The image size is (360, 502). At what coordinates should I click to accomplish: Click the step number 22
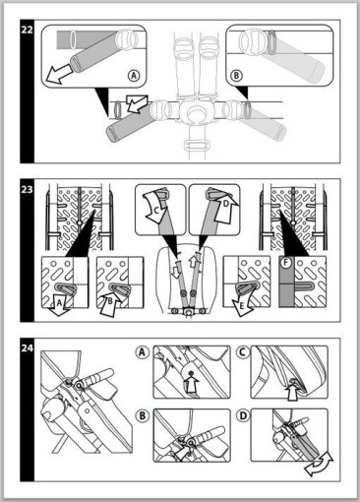(27, 30)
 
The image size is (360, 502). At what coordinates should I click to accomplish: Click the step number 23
(27, 189)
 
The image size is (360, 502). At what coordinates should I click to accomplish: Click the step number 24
(27, 347)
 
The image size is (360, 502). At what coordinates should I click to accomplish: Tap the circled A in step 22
(134, 76)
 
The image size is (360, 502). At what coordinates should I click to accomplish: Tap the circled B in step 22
(236, 76)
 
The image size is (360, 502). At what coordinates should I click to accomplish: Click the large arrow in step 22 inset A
(59, 74)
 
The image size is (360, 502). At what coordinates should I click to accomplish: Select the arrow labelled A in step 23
(60, 305)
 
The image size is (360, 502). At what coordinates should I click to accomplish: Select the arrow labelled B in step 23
(110, 303)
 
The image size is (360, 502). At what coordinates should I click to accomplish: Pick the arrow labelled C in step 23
(155, 208)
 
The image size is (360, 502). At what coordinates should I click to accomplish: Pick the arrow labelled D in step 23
(225, 208)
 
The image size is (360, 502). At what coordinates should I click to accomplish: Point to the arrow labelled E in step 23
(243, 304)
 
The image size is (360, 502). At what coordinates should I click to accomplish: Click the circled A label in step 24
(142, 352)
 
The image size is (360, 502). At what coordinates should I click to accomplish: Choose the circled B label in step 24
(142, 415)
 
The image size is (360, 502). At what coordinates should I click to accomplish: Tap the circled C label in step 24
(243, 352)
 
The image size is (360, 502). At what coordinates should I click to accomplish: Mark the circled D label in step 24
(243, 415)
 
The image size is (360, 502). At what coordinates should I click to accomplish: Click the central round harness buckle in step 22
(196, 111)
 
